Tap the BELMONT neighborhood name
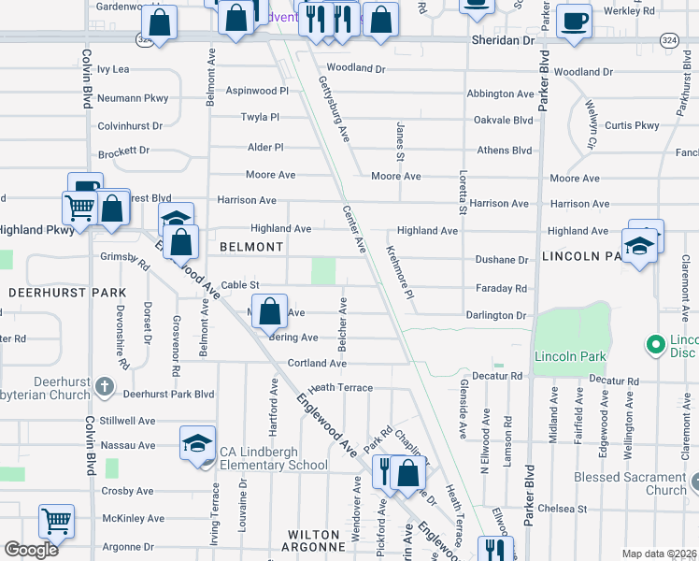click(x=251, y=247)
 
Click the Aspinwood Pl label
click(x=257, y=91)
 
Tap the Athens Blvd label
click(x=504, y=151)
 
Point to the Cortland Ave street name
click(x=318, y=363)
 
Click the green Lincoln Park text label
click(x=570, y=356)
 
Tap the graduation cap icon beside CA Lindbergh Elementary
click(x=196, y=442)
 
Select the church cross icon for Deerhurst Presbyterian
click(x=105, y=385)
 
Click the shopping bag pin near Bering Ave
click(x=269, y=312)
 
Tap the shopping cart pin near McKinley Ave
click(x=56, y=522)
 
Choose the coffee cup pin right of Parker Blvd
click(x=574, y=21)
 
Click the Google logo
click(x=31, y=550)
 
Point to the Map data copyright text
click(x=659, y=554)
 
